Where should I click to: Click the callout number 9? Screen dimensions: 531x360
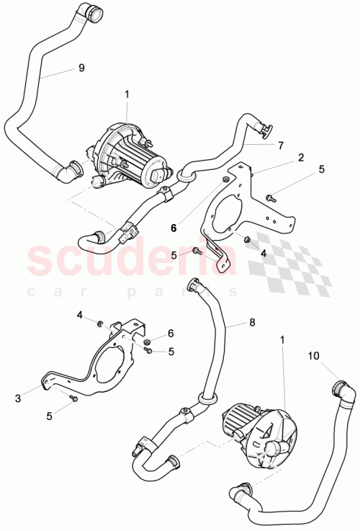point(81,68)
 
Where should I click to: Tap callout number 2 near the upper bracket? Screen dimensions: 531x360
point(300,156)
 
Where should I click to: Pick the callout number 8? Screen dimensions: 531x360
point(252,323)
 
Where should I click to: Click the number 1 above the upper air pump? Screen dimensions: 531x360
point(127,94)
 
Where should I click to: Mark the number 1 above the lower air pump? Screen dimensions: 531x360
point(282,338)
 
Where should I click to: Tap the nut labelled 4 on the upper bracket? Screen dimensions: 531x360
point(246,239)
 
